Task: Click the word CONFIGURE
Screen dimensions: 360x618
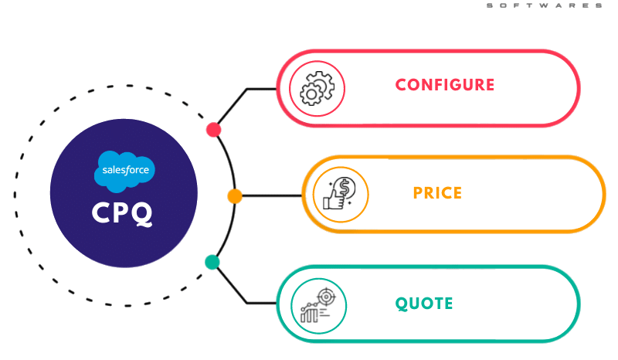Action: pos(444,85)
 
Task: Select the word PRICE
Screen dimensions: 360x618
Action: pos(437,193)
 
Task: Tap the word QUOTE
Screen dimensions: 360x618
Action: pos(424,303)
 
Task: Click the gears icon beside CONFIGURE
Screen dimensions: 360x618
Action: pos(317,88)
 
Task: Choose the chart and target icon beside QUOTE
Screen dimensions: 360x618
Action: pos(317,305)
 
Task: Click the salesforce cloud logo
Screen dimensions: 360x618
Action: pos(124,171)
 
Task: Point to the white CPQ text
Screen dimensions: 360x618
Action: pos(123,213)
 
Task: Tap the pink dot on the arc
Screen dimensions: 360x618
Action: pos(213,128)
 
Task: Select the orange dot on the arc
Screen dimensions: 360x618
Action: pos(235,195)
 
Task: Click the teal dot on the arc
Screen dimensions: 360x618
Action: pos(212,262)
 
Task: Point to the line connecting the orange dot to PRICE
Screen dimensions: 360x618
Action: pos(270,195)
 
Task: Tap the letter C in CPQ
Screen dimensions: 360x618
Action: pos(103,213)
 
